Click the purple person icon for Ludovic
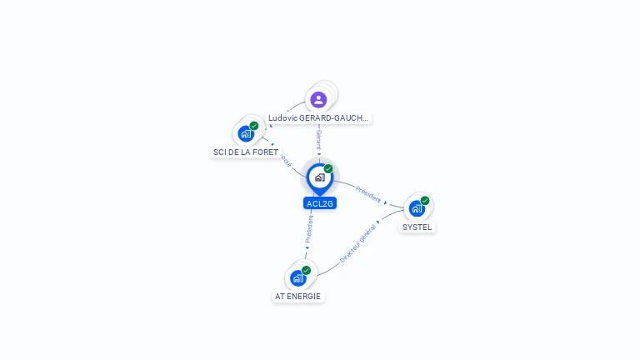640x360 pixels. pos(318,100)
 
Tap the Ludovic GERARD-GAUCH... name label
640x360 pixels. pos(318,118)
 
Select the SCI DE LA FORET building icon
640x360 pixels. pos(245,133)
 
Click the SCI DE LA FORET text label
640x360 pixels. pos(246,152)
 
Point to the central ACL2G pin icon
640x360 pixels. pos(319,177)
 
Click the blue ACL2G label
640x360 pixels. pos(319,203)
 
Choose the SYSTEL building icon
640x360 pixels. pos(417,208)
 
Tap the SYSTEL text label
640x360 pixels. pos(417,227)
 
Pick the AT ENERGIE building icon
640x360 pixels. pos(298,277)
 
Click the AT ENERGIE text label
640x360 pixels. pos(298,296)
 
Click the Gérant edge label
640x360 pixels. pos(318,138)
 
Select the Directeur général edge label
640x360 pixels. pos(358,242)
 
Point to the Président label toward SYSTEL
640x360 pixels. pos(367,194)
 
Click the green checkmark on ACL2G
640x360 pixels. pos(328,169)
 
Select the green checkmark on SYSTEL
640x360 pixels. pos(425,201)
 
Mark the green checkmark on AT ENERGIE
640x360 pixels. pos(307,270)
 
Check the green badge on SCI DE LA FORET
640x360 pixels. pos(254,126)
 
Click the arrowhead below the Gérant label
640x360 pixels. pos(318,153)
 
